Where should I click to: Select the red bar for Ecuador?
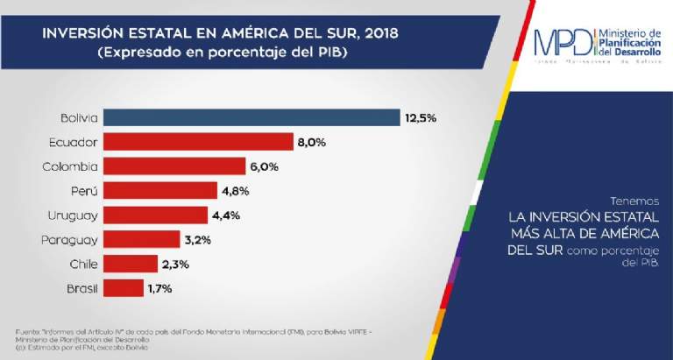198,142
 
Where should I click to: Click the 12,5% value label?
420,117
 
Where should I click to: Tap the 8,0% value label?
312,142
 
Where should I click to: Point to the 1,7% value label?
161,287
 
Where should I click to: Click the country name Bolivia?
79,117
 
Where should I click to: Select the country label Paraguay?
70,239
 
